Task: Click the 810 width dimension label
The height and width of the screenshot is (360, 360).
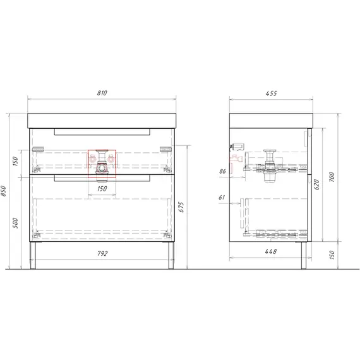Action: (102, 93)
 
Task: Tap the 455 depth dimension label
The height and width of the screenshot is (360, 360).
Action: (272, 93)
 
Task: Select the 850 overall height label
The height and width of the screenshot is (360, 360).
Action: (3, 191)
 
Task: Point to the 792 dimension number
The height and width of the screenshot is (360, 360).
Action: (102, 253)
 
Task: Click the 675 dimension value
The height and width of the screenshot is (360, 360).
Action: (181, 207)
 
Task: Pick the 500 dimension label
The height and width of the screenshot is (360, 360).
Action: (15, 223)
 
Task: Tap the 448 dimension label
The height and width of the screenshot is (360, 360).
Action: (271, 251)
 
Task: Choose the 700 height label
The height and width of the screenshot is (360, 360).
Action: (332, 177)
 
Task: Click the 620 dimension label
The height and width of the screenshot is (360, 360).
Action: (316, 184)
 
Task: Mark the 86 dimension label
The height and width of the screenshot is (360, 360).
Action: (222, 171)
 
